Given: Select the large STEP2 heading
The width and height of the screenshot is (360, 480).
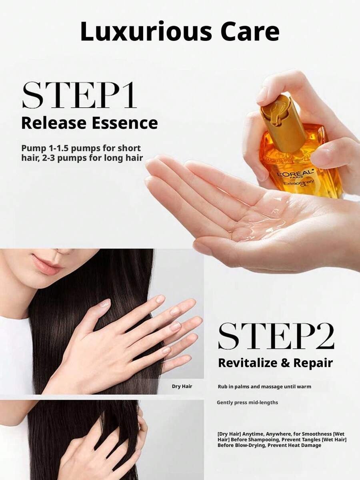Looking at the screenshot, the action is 276,336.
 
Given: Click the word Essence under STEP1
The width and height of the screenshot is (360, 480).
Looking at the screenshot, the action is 125,123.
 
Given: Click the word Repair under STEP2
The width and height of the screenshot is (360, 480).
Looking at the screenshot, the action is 313,364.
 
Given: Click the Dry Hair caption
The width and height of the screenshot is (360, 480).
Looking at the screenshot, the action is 182,386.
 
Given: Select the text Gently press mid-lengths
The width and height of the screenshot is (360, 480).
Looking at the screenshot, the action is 248,402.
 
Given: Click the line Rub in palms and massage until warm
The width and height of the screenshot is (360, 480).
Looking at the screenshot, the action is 264,387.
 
